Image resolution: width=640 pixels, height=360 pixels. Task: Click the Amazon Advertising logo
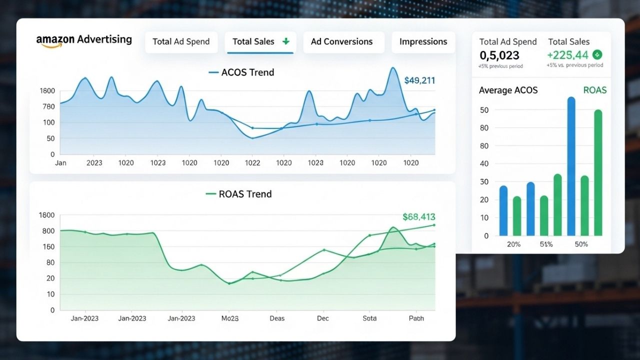pos(84,40)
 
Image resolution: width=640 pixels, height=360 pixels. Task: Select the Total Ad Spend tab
pos(181,42)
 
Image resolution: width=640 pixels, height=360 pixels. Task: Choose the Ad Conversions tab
pos(341,42)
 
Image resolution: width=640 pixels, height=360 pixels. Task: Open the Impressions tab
pos(423,42)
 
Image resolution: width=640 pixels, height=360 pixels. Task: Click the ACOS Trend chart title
pos(242,72)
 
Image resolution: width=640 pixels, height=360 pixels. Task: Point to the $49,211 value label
pos(419,80)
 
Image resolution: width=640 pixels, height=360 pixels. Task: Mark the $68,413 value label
pos(418,217)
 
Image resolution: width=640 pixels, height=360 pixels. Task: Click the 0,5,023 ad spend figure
pos(499,55)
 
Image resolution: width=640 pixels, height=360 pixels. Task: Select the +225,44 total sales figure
pos(567,55)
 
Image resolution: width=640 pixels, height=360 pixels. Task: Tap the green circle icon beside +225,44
pos(597,55)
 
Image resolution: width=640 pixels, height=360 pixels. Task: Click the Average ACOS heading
pos(508,90)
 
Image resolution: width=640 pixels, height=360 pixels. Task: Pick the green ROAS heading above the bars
pos(594,90)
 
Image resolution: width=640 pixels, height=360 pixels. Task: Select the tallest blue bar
pos(571,166)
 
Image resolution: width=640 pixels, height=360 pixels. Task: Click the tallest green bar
pos(598,172)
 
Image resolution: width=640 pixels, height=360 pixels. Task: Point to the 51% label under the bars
pos(546,244)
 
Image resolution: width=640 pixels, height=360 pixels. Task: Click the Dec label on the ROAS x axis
pos(323,318)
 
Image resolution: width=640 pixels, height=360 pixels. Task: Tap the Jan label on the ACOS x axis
pos(60,163)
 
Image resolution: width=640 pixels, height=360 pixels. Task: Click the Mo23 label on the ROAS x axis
pos(229,318)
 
